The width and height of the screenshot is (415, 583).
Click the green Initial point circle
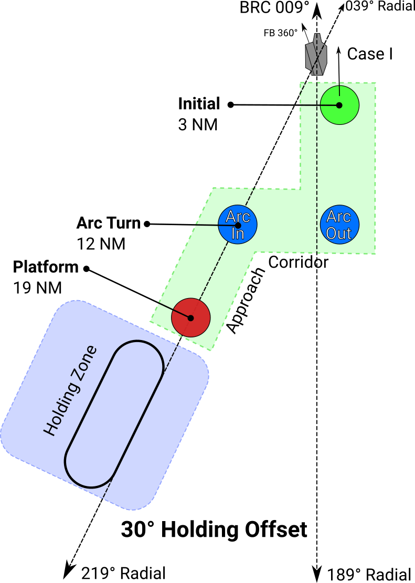339,105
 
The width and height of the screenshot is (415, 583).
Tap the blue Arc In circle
238,225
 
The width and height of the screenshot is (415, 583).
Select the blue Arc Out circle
339,225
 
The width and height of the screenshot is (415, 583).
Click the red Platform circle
191,317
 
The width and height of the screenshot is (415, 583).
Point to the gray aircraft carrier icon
316,54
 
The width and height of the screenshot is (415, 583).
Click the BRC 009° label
274,7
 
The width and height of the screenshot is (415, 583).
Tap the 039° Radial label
380,6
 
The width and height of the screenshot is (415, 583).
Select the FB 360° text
281,33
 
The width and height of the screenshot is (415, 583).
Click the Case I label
370,54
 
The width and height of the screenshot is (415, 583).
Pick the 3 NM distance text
198,124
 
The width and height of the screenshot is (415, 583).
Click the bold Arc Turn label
109,223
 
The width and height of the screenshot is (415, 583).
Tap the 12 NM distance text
101,244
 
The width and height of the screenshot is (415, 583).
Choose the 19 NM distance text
38,288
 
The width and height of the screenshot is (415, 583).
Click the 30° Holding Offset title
214,529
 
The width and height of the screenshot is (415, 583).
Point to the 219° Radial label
123,573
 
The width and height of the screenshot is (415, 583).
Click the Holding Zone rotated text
70,390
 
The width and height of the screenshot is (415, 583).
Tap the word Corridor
298,262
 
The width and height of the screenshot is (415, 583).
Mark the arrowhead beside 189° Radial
316,574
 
